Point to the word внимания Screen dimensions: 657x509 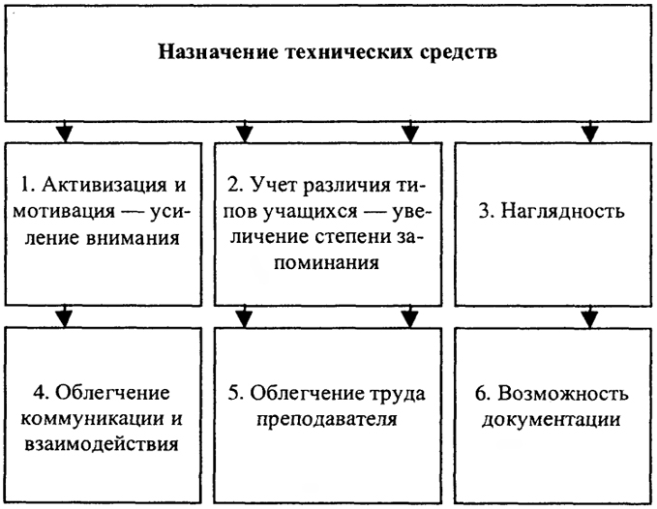point(134,237)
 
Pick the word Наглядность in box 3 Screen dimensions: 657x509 point(562,211)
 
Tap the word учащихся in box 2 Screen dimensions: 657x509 point(311,212)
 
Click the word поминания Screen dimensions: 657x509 point(327,263)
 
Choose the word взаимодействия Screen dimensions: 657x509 point(101,444)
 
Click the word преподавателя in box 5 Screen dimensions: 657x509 point(326,419)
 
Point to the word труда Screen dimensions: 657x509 point(398,394)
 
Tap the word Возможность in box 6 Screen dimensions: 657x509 point(563,394)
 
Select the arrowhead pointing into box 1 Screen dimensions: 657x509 point(64,134)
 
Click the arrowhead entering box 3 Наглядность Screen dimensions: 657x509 point(590,134)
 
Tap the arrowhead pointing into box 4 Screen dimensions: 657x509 point(64,318)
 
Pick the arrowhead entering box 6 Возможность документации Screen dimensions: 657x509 point(590,318)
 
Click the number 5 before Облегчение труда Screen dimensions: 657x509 point(232,394)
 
